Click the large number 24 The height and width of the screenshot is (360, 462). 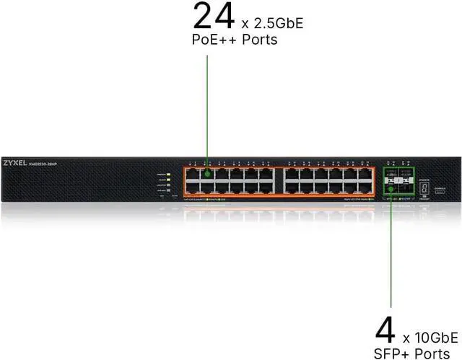(214, 16)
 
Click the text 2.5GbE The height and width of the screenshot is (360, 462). (275, 23)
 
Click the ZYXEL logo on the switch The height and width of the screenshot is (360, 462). (18, 163)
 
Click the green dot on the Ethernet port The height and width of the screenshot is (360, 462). (208, 173)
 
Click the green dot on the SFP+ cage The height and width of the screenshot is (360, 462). (391, 188)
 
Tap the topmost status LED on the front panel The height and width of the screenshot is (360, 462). (167, 175)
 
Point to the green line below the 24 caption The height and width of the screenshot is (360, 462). (208, 108)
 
